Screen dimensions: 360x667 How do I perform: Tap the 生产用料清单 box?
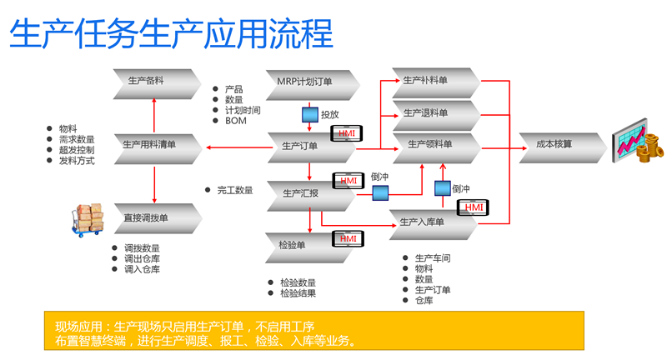click(x=156, y=144)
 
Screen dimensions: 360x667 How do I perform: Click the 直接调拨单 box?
click(x=156, y=217)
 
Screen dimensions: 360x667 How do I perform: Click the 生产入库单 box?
click(x=429, y=222)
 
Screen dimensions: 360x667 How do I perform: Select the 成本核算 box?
click(x=554, y=144)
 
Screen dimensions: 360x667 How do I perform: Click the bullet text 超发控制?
click(x=76, y=150)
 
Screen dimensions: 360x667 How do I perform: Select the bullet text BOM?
click(x=235, y=121)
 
